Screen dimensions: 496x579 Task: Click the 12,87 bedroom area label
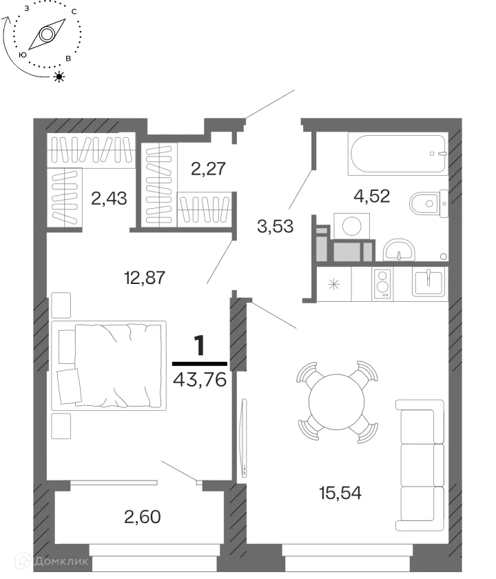(144, 278)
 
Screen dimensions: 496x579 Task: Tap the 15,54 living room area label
(340, 493)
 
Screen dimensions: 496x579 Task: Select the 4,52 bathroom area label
(371, 196)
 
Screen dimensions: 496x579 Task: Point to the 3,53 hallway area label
(276, 226)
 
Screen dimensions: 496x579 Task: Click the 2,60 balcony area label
(143, 516)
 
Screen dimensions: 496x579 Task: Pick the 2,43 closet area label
(110, 199)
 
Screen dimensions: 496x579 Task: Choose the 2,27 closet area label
(208, 168)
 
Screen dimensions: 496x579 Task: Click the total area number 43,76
(200, 379)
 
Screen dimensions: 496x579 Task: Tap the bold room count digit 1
(199, 346)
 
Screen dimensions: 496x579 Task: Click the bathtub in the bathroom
(398, 154)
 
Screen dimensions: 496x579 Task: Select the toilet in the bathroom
(428, 203)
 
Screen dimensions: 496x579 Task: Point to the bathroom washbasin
(399, 250)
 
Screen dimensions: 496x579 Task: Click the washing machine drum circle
(352, 225)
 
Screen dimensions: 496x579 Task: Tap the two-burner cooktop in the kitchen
(383, 283)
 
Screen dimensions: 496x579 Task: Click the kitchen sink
(428, 283)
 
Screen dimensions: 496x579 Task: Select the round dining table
(337, 402)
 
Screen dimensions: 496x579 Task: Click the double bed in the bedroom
(109, 365)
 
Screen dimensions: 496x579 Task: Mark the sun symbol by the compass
(59, 77)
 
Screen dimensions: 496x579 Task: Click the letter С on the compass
(74, 12)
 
